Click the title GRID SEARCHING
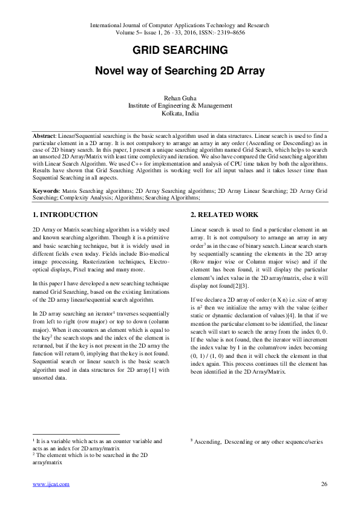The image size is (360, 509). click(180, 50)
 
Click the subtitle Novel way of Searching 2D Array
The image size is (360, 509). click(180, 71)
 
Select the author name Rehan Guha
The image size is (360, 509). click(180, 97)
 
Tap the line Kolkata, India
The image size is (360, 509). click(180, 112)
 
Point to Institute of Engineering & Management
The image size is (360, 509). click(180, 105)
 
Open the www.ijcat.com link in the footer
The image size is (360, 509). click(51, 484)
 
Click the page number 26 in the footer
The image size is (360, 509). click(324, 484)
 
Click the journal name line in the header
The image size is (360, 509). click(180, 25)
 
